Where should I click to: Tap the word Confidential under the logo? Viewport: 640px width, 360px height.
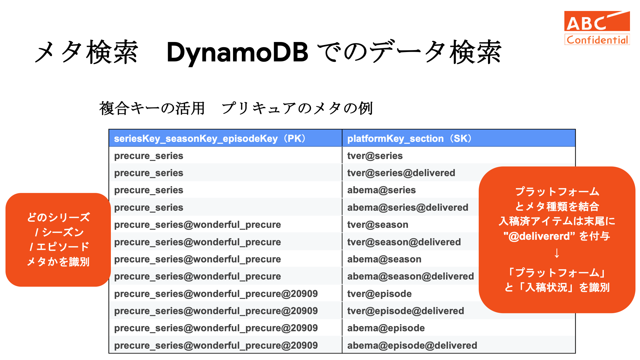pyautogui.click(x=597, y=40)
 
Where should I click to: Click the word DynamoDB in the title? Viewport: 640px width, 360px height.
pyautogui.click(x=237, y=53)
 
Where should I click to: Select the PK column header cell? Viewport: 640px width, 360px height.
pyautogui.click(x=225, y=138)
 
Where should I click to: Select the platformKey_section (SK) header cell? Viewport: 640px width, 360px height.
pyautogui.click(x=459, y=138)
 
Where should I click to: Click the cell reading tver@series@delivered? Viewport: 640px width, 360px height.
pyautogui.click(x=401, y=173)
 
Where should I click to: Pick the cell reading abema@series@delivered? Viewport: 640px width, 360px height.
pyautogui.click(x=408, y=207)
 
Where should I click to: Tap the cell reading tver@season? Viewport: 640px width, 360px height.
pyautogui.click(x=378, y=225)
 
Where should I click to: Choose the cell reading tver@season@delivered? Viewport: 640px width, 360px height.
pyautogui.click(x=404, y=242)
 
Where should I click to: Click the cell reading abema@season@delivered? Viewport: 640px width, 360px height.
pyautogui.click(x=411, y=276)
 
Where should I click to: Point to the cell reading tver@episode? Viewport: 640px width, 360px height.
pyautogui.click(x=379, y=294)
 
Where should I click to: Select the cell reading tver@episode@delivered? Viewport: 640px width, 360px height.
pyautogui.click(x=406, y=311)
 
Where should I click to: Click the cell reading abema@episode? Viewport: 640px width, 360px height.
pyautogui.click(x=386, y=328)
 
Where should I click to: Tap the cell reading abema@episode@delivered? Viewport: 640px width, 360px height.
pyautogui.click(x=412, y=345)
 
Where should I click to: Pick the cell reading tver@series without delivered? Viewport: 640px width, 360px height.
pyautogui.click(x=375, y=156)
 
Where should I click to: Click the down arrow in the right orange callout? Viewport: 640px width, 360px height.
pyautogui.click(x=557, y=253)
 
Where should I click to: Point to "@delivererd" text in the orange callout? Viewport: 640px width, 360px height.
pyautogui.click(x=539, y=236)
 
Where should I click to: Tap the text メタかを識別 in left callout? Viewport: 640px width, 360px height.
pyautogui.click(x=58, y=261)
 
